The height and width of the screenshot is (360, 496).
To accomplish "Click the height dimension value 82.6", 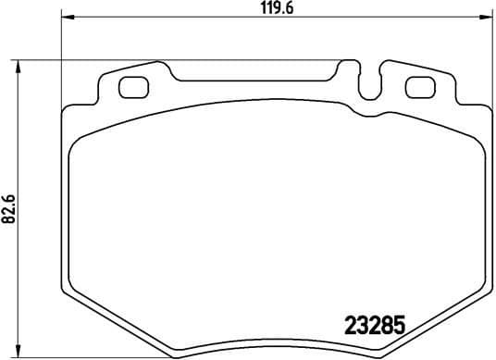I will point(8,205).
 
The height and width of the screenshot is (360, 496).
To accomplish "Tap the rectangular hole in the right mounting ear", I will point(420,89).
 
